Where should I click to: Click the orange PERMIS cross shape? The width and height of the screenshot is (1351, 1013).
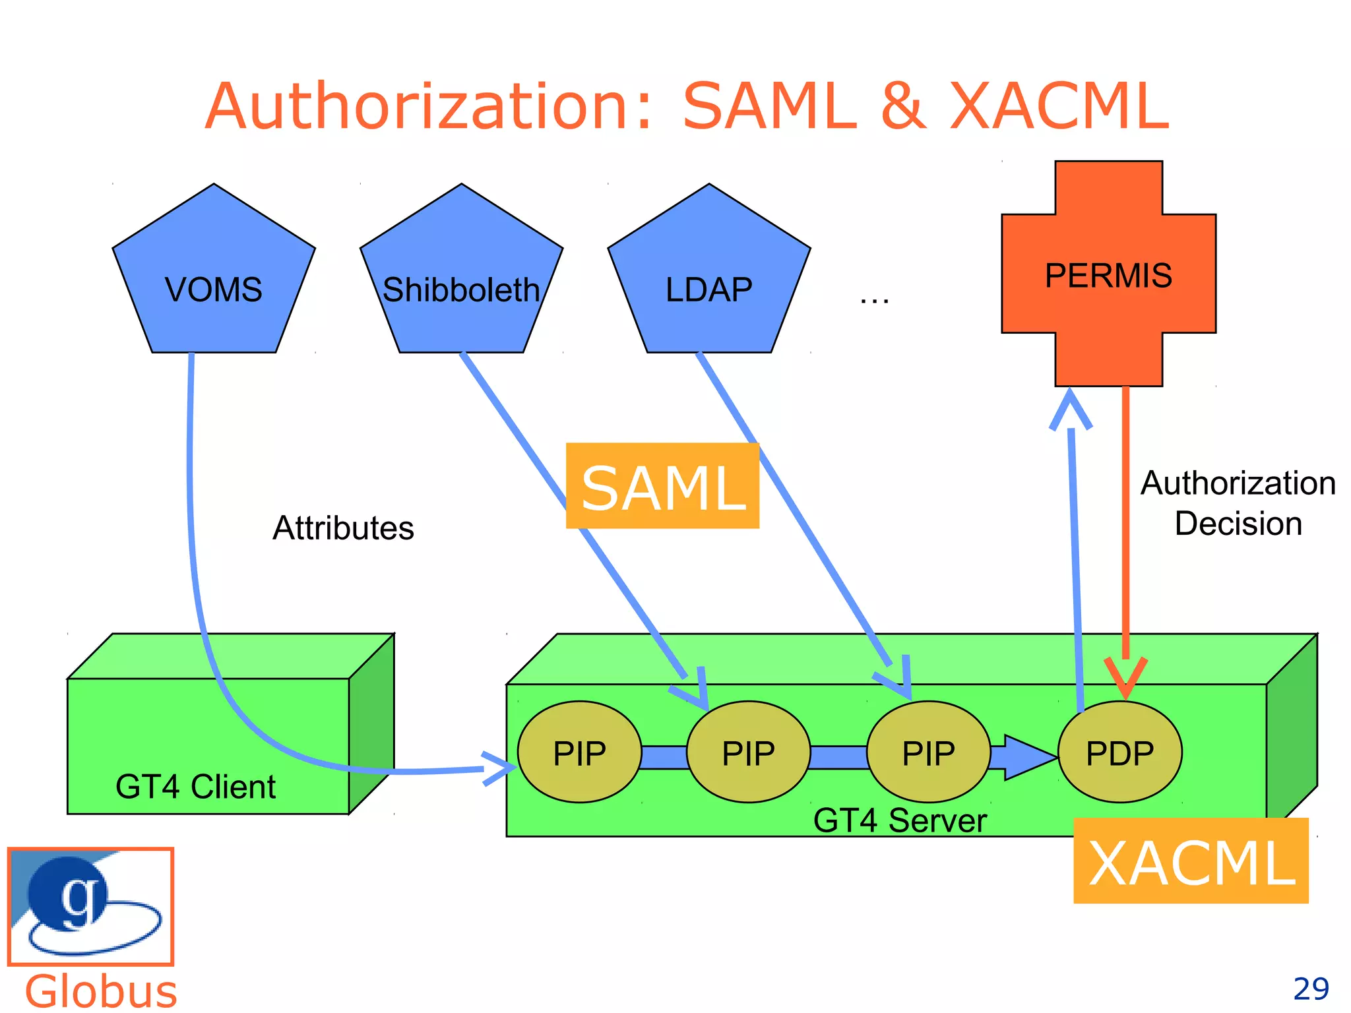tap(1108, 274)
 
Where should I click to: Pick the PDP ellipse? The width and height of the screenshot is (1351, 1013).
tap(1119, 752)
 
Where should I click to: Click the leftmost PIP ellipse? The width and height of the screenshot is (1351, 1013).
tap(579, 752)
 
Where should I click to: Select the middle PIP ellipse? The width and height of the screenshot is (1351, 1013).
tap(748, 752)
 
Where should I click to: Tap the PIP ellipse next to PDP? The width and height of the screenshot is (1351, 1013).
tap(928, 752)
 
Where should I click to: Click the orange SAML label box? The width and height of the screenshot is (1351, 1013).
tap(662, 486)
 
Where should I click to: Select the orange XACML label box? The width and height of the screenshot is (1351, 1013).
tap(1191, 861)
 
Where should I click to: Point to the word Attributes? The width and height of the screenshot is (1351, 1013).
tap(343, 528)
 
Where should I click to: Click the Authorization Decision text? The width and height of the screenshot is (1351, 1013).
tap(1238, 503)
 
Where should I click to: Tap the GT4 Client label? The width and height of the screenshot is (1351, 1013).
tap(195, 787)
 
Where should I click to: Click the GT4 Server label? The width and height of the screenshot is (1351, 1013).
tap(900, 821)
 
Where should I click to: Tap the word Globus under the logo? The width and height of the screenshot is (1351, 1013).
tap(101, 991)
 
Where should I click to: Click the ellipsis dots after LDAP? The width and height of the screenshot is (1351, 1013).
tap(874, 300)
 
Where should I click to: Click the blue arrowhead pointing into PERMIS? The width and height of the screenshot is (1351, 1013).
tap(1070, 409)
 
